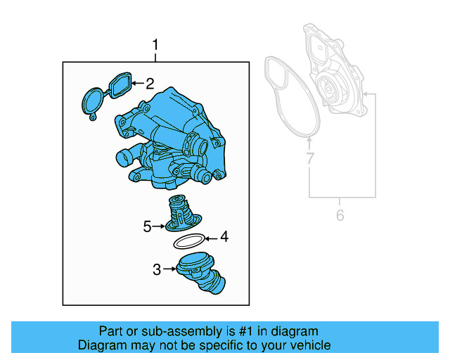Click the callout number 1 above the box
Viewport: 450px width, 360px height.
[x=156, y=47]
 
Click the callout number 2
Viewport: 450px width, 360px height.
[x=149, y=84]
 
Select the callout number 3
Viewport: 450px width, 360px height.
[x=156, y=269]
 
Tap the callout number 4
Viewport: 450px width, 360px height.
[x=224, y=237]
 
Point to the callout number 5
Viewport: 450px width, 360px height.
[x=147, y=226]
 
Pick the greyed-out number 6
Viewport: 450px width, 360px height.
[x=340, y=216]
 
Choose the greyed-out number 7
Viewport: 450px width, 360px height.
[x=309, y=160]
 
